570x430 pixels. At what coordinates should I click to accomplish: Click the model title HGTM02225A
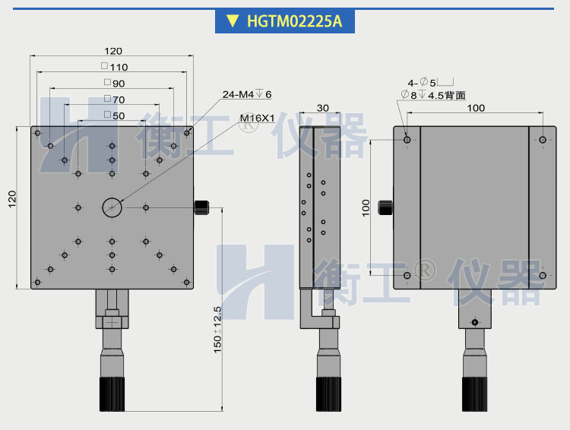tap(294, 21)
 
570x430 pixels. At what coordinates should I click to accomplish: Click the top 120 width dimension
tap(112, 51)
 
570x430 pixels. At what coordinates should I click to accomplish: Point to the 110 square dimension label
tap(115, 67)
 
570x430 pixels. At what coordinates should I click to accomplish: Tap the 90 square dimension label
tap(115, 83)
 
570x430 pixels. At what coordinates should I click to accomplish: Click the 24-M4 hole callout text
tap(246, 94)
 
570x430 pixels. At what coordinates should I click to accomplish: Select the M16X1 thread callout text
tap(257, 119)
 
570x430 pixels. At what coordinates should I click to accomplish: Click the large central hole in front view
tap(112, 207)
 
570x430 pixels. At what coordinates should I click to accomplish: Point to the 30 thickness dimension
tap(322, 108)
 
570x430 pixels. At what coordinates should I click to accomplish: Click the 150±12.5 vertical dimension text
tap(217, 330)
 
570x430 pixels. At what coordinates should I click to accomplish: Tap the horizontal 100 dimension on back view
tap(475, 108)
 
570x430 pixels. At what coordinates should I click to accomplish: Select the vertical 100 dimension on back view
tap(365, 207)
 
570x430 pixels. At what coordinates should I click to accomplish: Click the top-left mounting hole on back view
tap(408, 140)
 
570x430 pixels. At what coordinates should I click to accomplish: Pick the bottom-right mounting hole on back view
tap(543, 274)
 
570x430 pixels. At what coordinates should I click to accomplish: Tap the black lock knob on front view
tap(203, 207)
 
